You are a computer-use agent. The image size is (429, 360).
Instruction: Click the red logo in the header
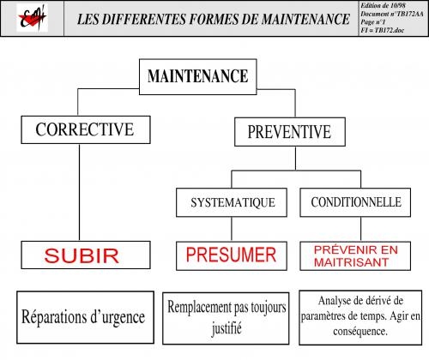(x=32, y=18)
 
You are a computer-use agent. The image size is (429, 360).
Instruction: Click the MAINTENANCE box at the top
(x=198, y=76)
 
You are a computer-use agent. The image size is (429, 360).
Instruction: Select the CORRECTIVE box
(x=86, y=129)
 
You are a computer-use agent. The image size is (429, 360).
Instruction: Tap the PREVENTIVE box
(x=290, y=132)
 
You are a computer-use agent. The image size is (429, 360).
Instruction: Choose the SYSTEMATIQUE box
(x=232, y=202)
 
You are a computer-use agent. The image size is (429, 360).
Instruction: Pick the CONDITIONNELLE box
(x=355, y=202)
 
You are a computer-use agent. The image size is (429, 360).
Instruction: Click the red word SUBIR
(x=82, y=255)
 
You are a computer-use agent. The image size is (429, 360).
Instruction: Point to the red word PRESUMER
(x=231, y=255)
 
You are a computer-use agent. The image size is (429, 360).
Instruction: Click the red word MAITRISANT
(x=351, y=262)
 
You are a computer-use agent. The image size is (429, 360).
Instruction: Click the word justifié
(x=227, y=328)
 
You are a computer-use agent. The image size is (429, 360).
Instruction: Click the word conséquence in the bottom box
(x=360, y=332)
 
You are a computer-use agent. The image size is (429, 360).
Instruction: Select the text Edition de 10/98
(x=383, y=6)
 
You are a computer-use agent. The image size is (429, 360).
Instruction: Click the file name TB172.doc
(x=390, y=30)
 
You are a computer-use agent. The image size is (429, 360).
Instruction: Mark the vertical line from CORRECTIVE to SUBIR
(x=79, y=192)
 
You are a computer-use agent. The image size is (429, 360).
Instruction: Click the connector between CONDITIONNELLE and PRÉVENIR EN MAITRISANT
(x=360, y=229)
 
